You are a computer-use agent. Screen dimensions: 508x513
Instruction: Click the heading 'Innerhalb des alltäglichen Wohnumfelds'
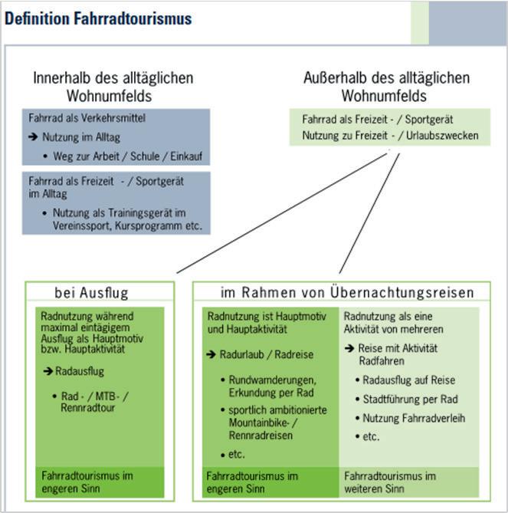tap(113, 87)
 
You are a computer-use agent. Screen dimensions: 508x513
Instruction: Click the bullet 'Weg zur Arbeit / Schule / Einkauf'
tap(127, 156)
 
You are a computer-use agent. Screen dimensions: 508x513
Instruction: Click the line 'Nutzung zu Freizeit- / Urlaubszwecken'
tap(390, 136)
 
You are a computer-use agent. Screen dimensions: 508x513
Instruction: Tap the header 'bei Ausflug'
tap(91, 293)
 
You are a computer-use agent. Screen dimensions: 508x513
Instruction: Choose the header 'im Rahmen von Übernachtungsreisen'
tap(347, 293)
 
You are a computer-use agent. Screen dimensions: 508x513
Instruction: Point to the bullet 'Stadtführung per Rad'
tap(406, 399)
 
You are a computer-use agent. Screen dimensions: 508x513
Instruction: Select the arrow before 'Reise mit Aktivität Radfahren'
tap(349, 348)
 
